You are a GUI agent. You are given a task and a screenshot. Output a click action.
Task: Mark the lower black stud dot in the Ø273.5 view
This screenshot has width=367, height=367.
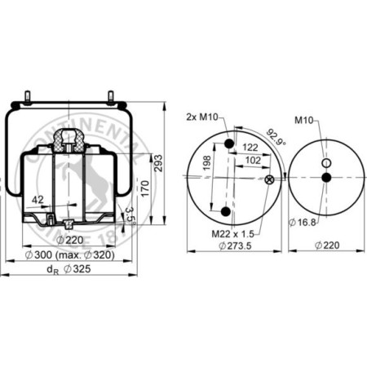coord(226,212)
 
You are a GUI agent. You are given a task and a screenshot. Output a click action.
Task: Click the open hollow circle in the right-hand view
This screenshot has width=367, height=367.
coord(326,161)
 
